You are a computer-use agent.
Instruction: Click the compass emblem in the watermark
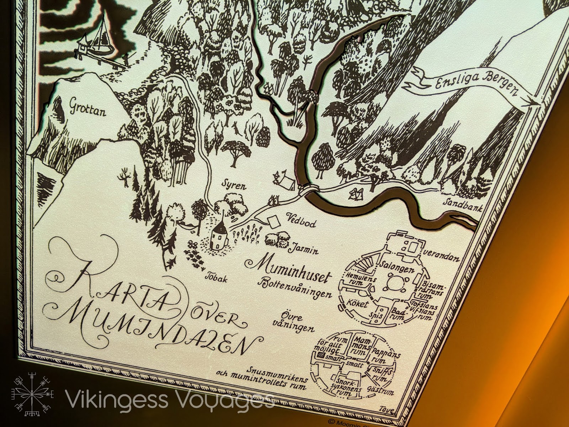click(33, 394)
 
